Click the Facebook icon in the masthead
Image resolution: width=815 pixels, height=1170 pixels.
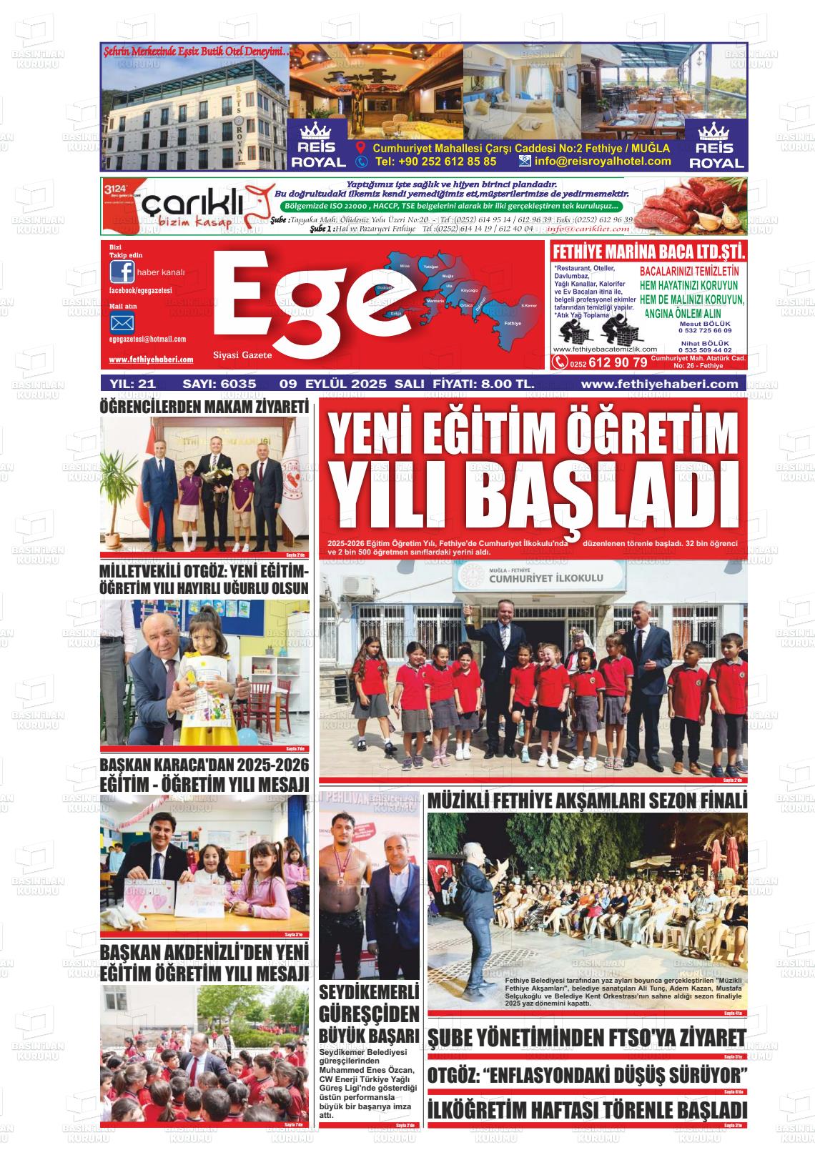click(x=122, y=272)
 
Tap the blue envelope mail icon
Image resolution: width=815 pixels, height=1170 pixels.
click(x=122, y=322)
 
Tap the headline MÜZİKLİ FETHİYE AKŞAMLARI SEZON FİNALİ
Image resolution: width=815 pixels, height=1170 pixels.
click(x=587, y=800)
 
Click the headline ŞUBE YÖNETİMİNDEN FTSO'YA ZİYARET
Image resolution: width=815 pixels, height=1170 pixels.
click(x=587, y=1038)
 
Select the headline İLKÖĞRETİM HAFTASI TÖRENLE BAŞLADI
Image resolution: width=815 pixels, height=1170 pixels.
click(x=587, y=1110)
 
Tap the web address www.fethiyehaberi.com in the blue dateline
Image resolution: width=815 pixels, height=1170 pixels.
click(x=659, y=384)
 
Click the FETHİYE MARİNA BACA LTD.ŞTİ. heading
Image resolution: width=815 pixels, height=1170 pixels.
click(x=648, y=252)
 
